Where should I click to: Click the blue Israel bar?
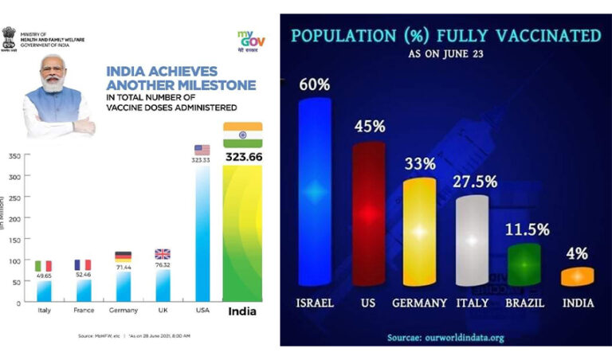click(314, 191)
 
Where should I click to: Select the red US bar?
click(368, 213)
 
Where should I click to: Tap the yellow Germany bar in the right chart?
click(419, 231)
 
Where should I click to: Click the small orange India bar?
click(577, 276)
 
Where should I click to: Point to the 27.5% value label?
click(476, 182)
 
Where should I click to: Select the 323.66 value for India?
click(243, 158)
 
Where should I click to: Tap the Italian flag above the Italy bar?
click(43, 265)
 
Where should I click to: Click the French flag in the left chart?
click(83, 264)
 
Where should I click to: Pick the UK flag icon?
click(163, 254)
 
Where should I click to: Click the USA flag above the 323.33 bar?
click(202, 150)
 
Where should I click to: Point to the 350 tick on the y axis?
click(14, 156)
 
